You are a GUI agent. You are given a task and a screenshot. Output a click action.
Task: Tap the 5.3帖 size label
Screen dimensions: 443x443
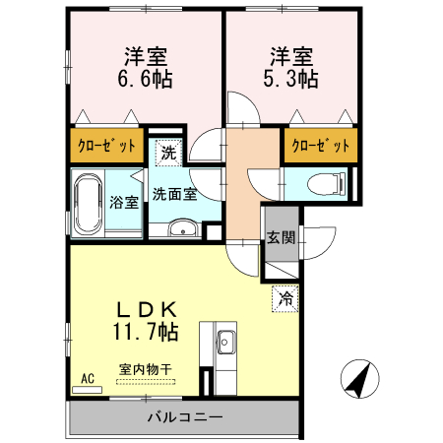click(x=292, y=78)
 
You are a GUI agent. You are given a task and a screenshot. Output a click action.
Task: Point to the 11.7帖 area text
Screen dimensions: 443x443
click(x=146, y=332)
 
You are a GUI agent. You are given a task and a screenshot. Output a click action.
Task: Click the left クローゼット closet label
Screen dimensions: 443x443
click(x=107, y=146)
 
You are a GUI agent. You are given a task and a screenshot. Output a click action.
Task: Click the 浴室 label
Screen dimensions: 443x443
click(x=123, y=203)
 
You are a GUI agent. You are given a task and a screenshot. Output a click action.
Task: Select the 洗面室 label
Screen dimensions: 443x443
click(x=174, y=194)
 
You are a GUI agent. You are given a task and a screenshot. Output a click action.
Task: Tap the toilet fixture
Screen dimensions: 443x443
click(x=324, y=182)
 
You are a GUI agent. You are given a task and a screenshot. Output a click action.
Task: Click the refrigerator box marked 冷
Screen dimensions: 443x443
click(x=285, y=296)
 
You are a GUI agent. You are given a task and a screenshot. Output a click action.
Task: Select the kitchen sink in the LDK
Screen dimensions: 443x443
click(x=224, y=344)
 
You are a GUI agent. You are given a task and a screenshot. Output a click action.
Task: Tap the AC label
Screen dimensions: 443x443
click(x=87, y=378)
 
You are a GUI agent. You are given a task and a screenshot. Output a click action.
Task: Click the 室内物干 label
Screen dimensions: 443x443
click(x=146, y=370)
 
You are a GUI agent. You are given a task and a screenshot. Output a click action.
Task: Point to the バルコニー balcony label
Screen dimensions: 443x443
click(x=185, y=417)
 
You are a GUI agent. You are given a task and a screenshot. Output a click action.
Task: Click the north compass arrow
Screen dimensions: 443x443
click(x=360, y=379)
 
